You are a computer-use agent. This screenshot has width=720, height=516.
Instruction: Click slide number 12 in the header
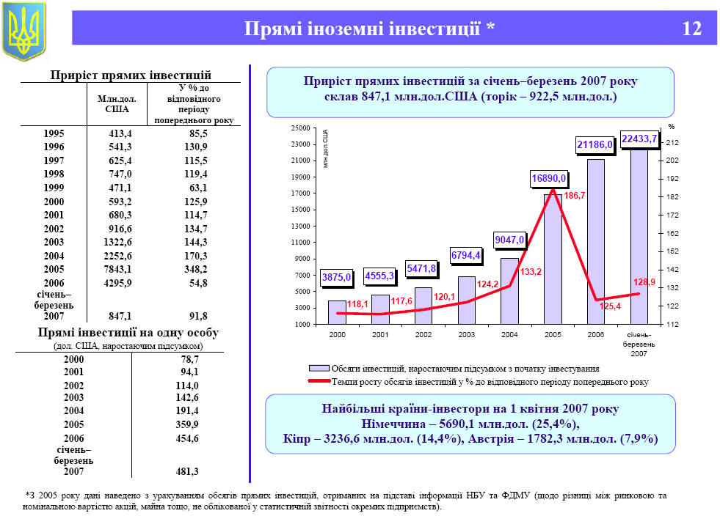[691, 29]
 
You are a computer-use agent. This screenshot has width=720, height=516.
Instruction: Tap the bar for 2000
[337, 312]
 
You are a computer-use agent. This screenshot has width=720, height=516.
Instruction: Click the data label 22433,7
[639, 139]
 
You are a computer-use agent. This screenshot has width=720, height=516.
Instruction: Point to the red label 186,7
[574, 196]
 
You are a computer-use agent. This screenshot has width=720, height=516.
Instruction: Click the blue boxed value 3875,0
[337, 277]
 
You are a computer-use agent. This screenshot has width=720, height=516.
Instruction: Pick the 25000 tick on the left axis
[300, 128]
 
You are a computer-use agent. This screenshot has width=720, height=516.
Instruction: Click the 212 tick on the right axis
[672, 142]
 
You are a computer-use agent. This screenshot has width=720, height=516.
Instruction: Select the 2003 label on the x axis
[466, 334]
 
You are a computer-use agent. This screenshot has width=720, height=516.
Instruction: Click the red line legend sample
[319, 381]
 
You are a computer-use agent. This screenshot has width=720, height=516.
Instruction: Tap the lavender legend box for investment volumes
[319, 368]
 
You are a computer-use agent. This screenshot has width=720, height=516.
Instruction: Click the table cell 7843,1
[117, 268]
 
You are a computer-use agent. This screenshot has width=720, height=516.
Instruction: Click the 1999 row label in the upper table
[54, 188]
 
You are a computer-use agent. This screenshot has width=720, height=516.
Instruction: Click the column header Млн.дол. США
[112, 103]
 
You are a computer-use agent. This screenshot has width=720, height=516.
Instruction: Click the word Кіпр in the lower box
[297, 439]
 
